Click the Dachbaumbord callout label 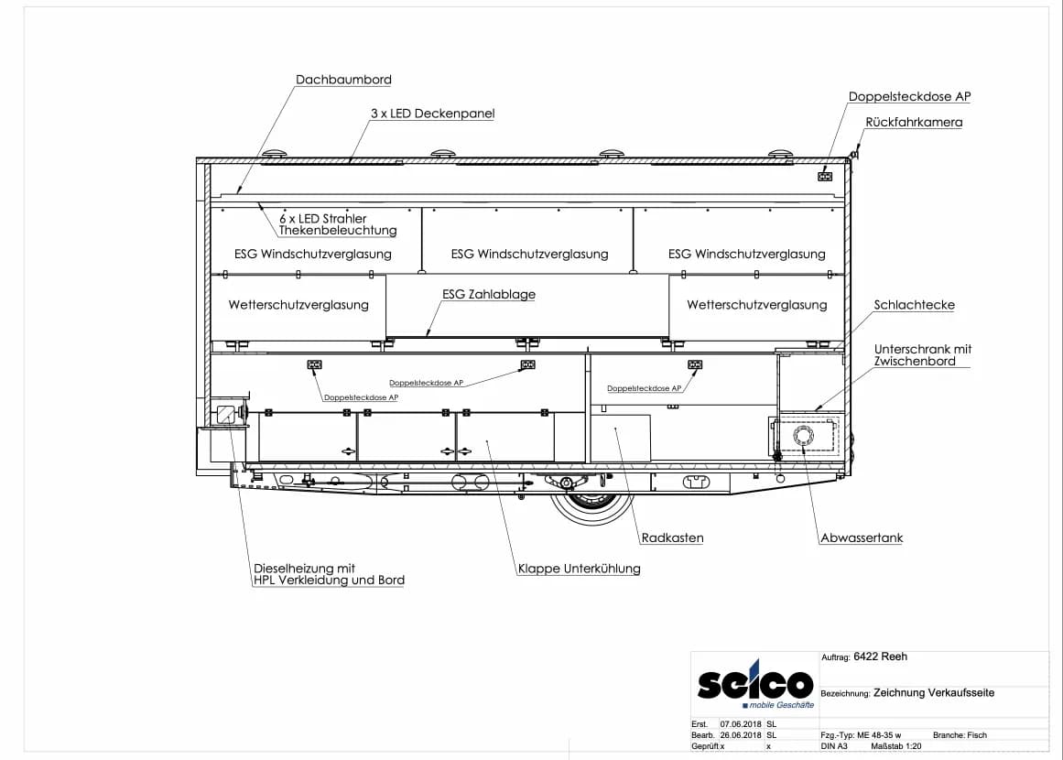pyautogui.click(x=343, y=80)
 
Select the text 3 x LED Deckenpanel pyautogui.click(x=432, y=114)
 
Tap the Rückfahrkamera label pyautogui.click(x=914, y=122)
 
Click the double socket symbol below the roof pyautogui.click(x=825, y=177)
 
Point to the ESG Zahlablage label pyautogui.click(x=489, y=294)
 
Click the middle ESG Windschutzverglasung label pyautogui.click(x=529, y=255)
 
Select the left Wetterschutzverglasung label pyautogui.click(x=298, y=305)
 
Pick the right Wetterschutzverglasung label pyautogui.click(x=756, y=305)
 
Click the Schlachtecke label pyautogui.click(x=914, y=305)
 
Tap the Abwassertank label pyautogui.click(x=862, y=537)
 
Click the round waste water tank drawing pyautogui.click(x=804, y=435)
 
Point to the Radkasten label pyautogui.click(x=673, y=537)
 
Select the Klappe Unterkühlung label pyautogui.click(x=579, y=568)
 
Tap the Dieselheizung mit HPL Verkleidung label pyautogui.click(x=329, y=574)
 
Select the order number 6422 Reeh pyautogui.click(x=880, y=657)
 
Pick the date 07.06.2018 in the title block pyautogui.click(x=741, y=724)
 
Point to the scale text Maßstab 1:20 pyautogui.click(x=896, y=745)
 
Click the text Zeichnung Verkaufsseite pyautogui.click(x=934, y=693)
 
